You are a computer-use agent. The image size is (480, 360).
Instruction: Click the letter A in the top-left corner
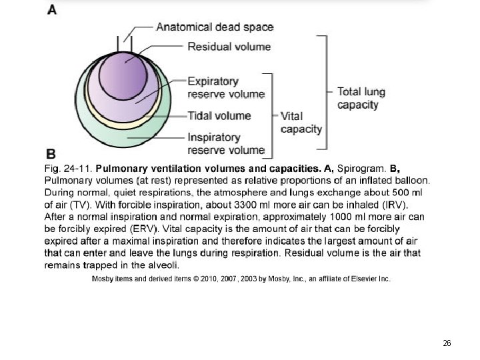[x=51, y=11]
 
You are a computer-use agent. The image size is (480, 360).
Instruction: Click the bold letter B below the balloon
[x=50, y=152]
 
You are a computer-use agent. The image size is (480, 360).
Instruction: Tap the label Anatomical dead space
[x=215, y=27]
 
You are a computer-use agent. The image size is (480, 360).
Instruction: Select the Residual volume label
[x=229, y=47]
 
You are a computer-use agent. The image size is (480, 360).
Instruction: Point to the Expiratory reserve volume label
[x=226, y=87]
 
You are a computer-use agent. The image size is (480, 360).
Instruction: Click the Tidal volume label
[x=219, y=116]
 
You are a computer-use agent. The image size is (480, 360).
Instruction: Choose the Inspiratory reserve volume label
[x=226, y=143]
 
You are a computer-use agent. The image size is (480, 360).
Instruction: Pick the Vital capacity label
[x=301, y=122]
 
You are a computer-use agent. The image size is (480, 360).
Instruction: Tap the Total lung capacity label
[x=361, y=98]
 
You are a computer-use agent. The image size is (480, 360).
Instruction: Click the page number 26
[x=447, y=343]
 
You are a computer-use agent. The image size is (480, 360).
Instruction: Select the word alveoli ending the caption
[x=161, y=265]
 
